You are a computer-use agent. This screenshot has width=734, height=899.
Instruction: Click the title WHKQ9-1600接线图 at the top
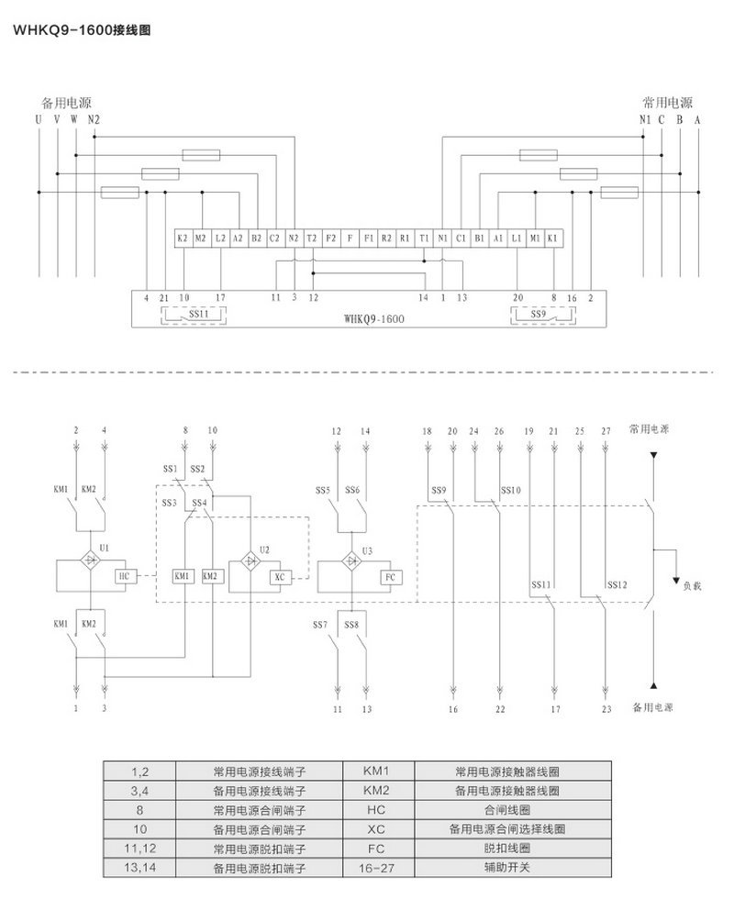[80, 29]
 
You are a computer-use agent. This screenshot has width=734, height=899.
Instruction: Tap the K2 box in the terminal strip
[183, 238]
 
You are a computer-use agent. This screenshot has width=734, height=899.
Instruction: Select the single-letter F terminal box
[350, 238]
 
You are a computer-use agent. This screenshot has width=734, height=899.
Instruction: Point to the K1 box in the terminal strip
[552, 238]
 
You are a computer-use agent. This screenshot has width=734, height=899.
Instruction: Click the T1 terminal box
[423, 238]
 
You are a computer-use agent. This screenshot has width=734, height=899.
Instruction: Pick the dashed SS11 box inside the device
[195, 315]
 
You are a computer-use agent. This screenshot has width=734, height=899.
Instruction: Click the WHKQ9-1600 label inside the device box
[374, 320]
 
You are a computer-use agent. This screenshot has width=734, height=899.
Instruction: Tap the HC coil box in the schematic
[126, 576]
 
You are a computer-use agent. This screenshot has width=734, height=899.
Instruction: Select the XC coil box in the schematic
[280, 577]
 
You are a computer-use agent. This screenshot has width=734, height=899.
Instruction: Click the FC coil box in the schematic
[389, 577]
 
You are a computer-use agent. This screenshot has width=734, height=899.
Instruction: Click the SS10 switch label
[511, 490]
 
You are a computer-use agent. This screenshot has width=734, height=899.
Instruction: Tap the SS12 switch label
[617, 584]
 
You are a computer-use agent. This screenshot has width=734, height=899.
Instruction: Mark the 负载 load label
[693, 583]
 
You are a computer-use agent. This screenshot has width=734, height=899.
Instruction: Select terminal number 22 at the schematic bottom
[500, 709]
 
